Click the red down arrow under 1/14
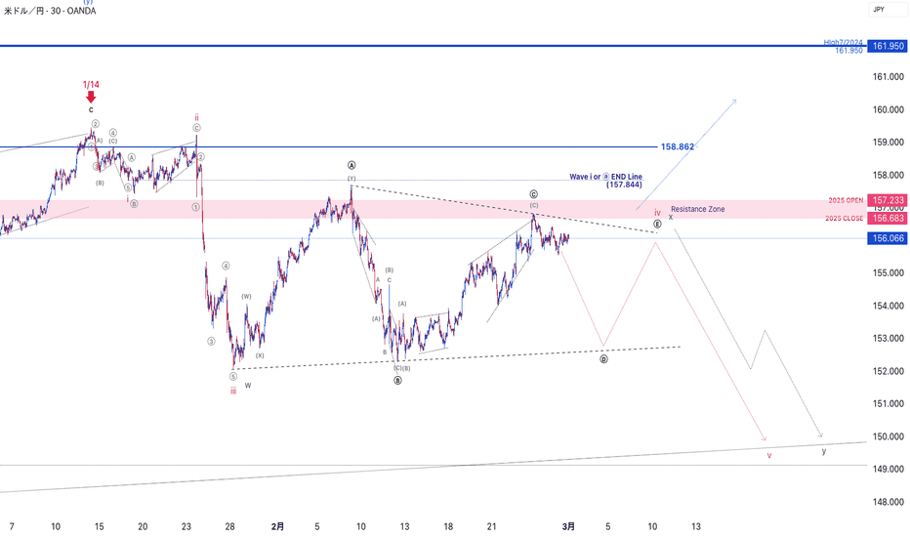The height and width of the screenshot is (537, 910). click(x=91, y=97)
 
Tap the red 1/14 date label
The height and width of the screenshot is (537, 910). click(x=91, y=85)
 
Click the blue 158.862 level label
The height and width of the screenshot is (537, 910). click(x=678, y=146)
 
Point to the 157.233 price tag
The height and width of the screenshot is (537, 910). click(x=886, y=199)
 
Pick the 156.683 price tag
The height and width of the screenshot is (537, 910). click(x=886, y=218)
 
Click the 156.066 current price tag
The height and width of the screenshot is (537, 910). click(x=886, y=238)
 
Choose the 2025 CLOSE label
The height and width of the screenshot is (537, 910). click(x=844, y=218)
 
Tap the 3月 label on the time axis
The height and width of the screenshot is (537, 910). click(x=568, y=525)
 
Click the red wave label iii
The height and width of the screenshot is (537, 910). click(x=233, y=391)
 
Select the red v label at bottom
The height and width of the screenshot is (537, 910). click(x=769, y=455)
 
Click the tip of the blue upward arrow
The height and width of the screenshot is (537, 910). click(x=735, y=100)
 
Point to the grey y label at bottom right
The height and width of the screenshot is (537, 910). click(x=824, y=451)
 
